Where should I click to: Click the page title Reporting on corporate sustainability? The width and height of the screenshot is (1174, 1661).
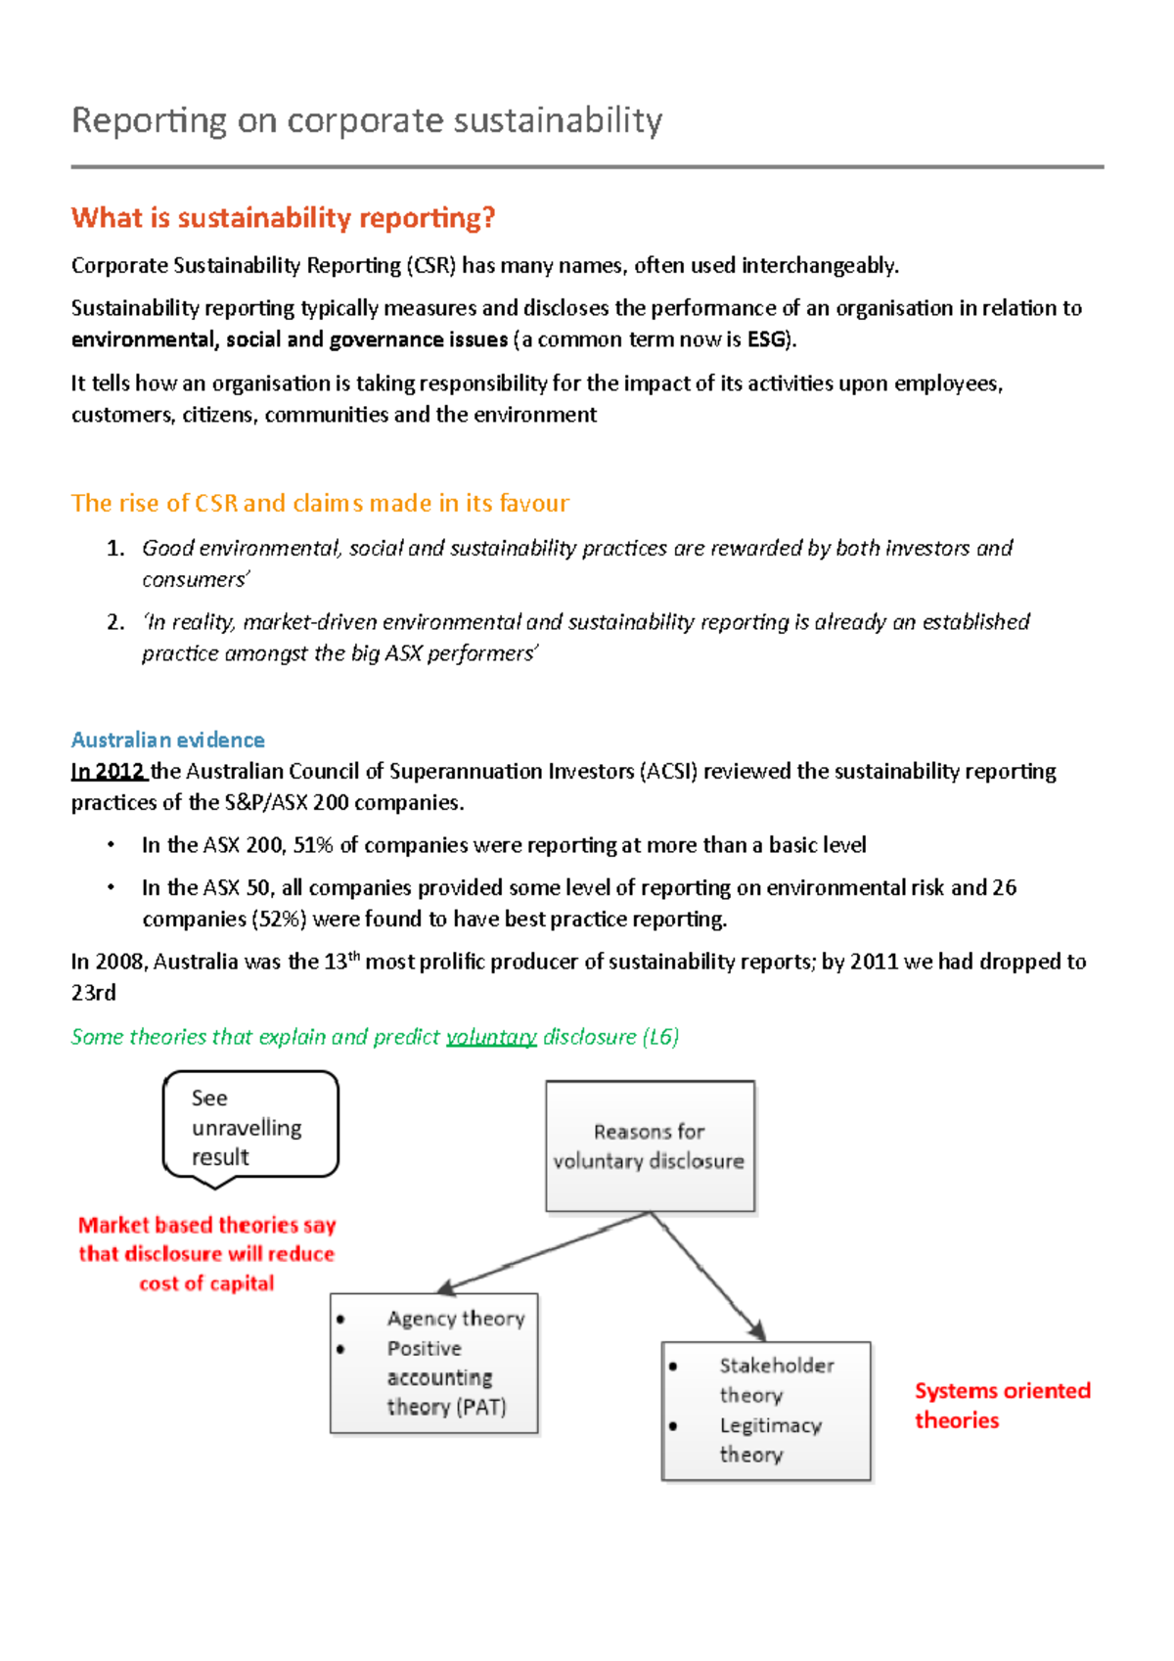(367, 120)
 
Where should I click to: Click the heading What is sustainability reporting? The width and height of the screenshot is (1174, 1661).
(283, 217)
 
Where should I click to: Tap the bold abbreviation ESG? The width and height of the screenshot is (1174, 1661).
(766, 339)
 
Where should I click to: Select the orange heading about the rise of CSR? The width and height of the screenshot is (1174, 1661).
(320, 503)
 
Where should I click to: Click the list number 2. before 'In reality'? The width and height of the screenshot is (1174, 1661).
(115, 622)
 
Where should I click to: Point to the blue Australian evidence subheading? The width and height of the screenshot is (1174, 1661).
(167, 740)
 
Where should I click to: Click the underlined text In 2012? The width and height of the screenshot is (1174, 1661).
(108, 771)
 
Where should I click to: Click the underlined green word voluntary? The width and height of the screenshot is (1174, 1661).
(491, 1037)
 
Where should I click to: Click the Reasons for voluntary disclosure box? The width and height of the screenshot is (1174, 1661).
(650, 1145)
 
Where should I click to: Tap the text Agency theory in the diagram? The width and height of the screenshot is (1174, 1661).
(456, 1319)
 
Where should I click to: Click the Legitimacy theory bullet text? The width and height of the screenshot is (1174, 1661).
(769, 1440)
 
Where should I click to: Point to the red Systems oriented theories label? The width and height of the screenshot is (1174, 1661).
(1001, 1405)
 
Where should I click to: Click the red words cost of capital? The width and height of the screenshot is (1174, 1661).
(206, 1283)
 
